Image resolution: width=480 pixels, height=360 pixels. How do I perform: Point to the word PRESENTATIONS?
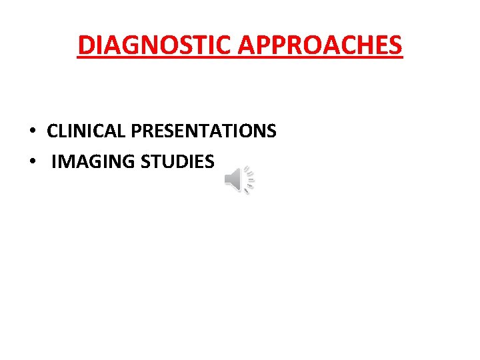coord(203,131)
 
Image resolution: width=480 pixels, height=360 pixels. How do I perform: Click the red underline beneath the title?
coord(240,58)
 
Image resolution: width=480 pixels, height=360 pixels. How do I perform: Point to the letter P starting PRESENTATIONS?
coord(136,131)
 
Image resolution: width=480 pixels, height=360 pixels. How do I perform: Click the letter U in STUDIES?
coord(164,161)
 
